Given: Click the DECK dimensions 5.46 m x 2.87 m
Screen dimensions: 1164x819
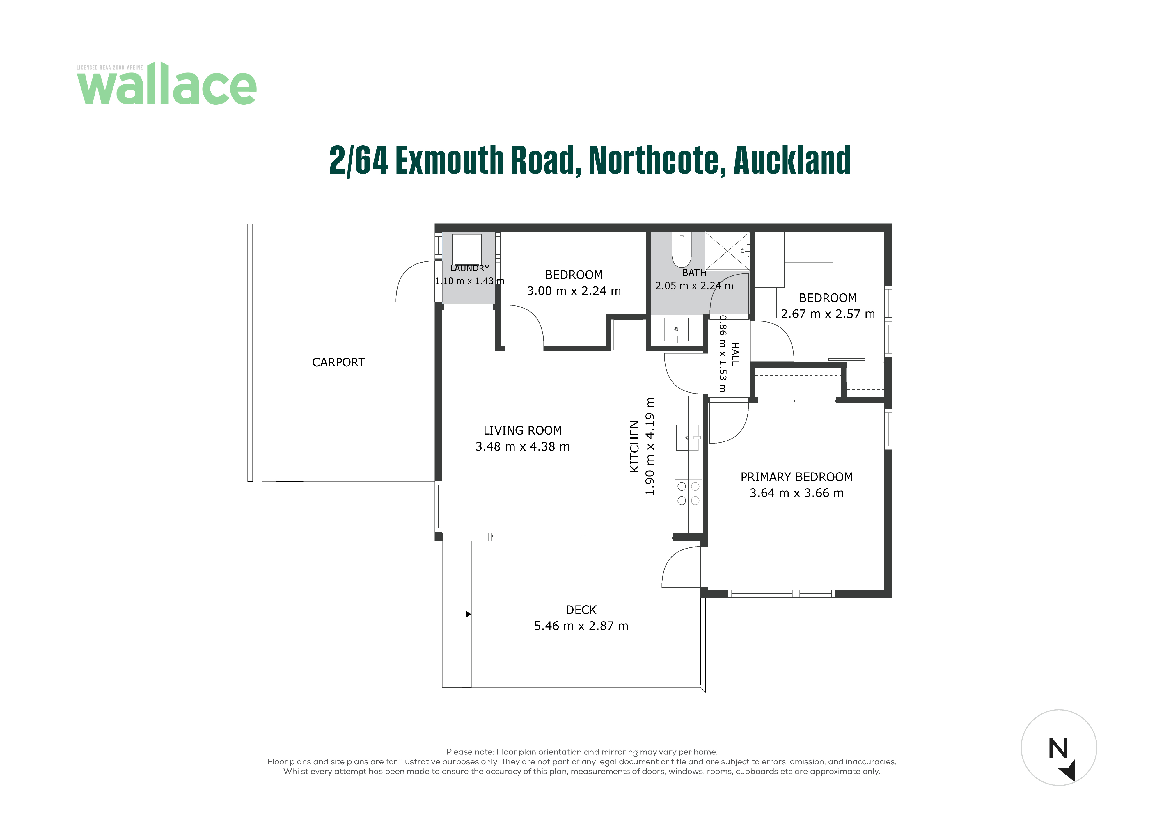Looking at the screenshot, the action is click(581, 626).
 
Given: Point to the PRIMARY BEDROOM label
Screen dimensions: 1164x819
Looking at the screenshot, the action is click(796, 477).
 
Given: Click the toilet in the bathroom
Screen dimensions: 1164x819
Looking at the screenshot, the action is click(681, 249).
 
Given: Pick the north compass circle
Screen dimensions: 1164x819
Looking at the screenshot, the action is click(1059, 747).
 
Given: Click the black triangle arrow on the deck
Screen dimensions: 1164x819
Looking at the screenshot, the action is click(469, 614).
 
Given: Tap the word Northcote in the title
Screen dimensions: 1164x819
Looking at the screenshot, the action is click(654, 160).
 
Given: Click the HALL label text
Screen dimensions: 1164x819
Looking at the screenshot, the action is click(734, 354).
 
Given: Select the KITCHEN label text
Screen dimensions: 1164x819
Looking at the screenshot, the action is click(634, 446).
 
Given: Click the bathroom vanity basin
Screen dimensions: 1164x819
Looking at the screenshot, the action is click(676, 330).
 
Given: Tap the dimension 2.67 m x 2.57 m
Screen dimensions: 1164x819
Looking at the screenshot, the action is click(828, 314).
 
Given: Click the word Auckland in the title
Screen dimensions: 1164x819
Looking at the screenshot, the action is click(792, 160).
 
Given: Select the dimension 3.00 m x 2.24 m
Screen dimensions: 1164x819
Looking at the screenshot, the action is click(574, 291).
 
